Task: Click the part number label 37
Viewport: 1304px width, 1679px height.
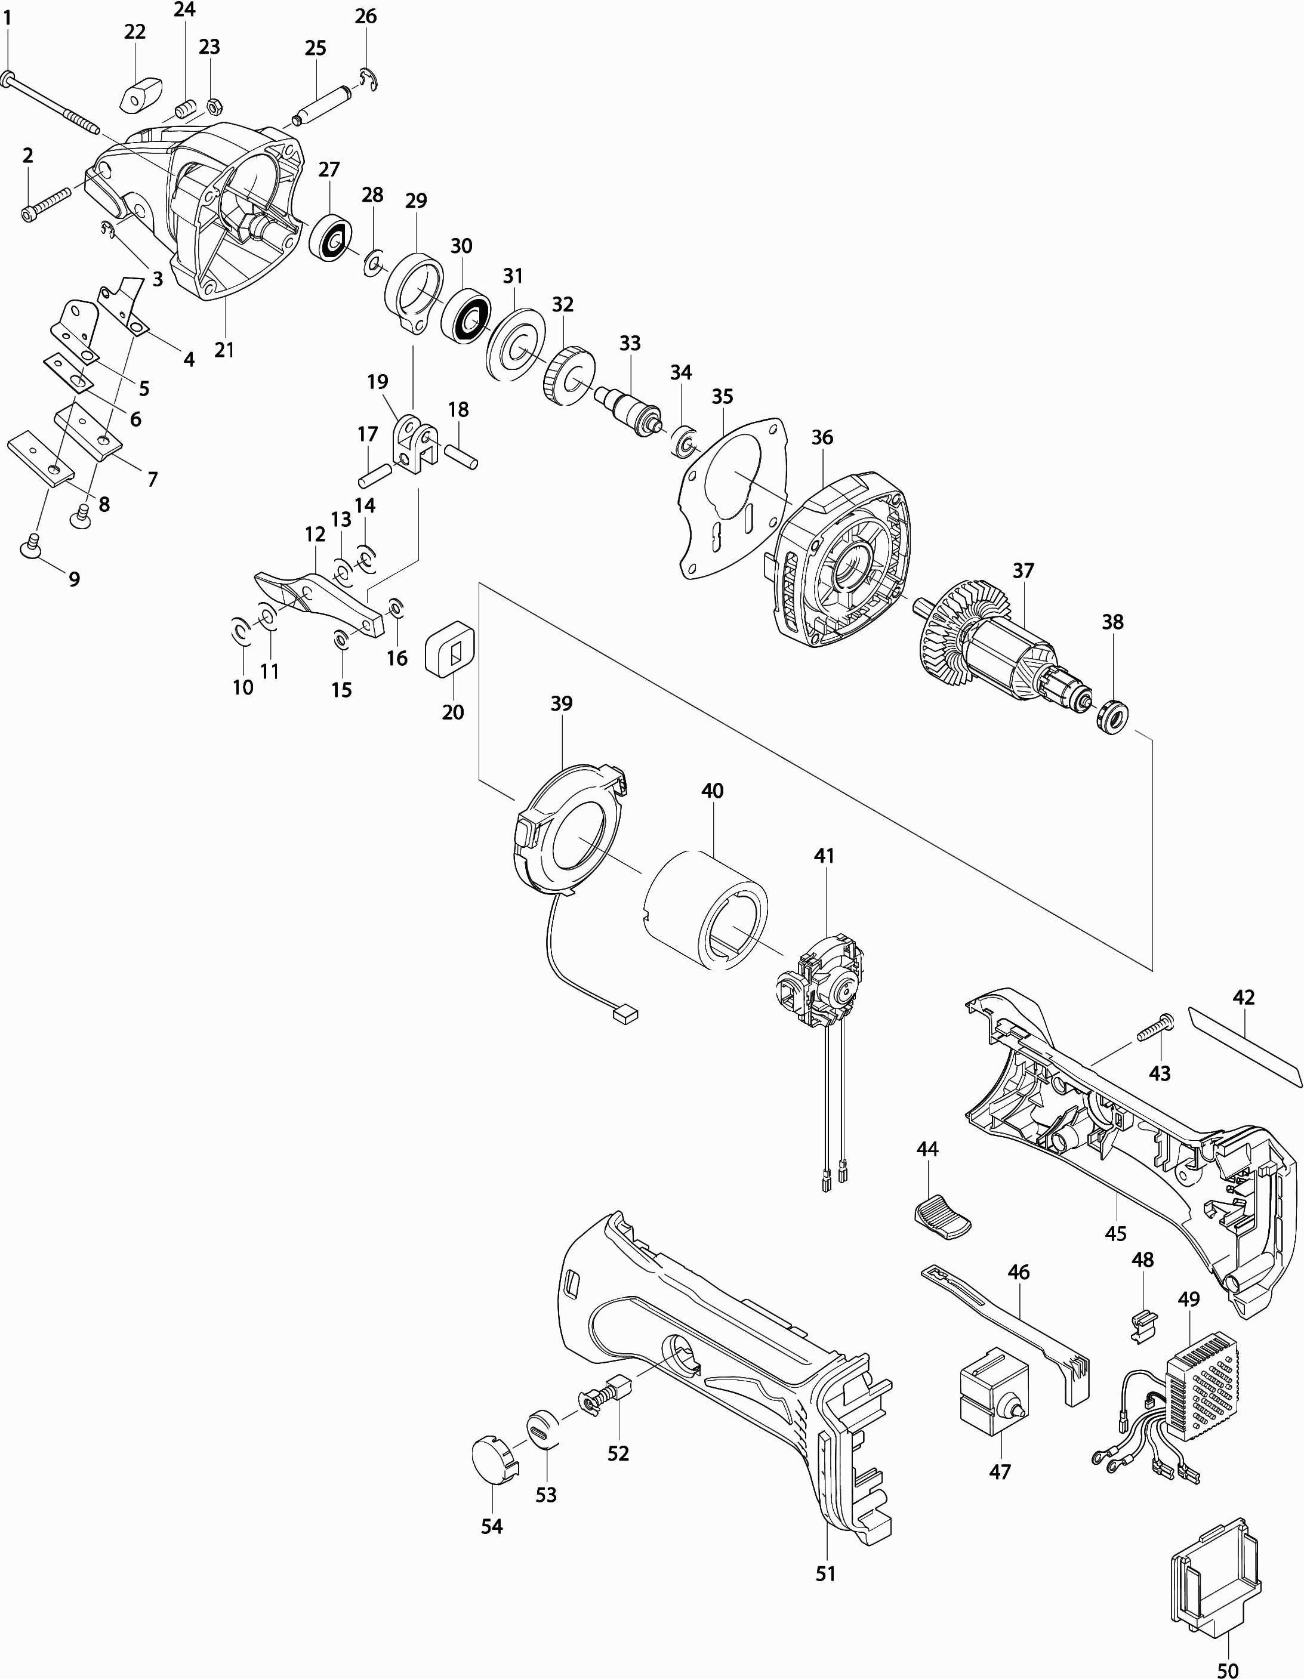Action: click(x=1024, y=571)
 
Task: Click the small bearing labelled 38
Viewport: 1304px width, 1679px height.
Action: click(x=1111, y=717)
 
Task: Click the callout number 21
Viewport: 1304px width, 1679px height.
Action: click(x=224, y=350)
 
